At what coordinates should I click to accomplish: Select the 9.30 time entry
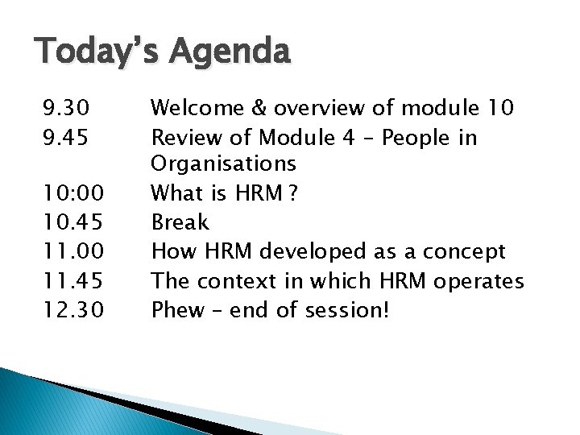point(68,108)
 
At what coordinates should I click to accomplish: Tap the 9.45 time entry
point(68,138)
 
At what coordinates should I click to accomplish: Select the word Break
point(180,222)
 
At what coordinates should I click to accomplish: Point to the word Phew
point(178,310)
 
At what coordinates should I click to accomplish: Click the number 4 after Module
point(349,138)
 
